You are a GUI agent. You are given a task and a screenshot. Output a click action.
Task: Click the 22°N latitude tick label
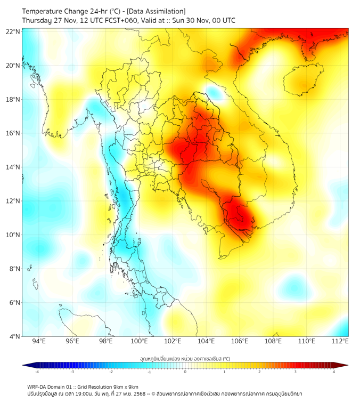(13, 31)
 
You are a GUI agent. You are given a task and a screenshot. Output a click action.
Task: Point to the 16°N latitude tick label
(13, 133)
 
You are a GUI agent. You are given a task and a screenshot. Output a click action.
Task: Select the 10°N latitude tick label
(13, 235)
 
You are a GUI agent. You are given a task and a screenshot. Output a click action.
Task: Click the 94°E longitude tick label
(39, 341)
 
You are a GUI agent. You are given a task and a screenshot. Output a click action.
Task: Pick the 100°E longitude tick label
(140, 341)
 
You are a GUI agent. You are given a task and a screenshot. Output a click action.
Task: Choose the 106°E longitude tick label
(240, 341)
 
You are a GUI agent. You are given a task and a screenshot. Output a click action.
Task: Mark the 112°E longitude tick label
(340, 341)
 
